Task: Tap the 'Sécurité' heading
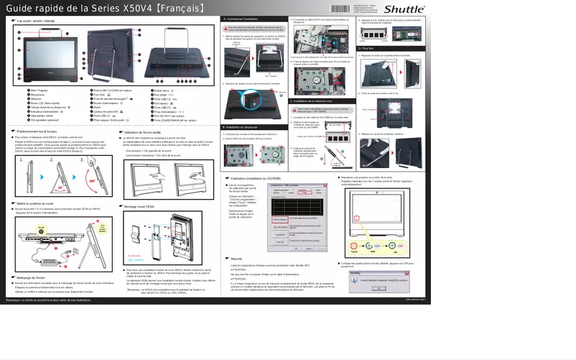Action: pyautogui.click(x=237, y=257)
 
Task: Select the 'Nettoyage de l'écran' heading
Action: pyautogui.click(x=31, y=277)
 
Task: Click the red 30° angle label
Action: pyautogui.click(x=42, y=187)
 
